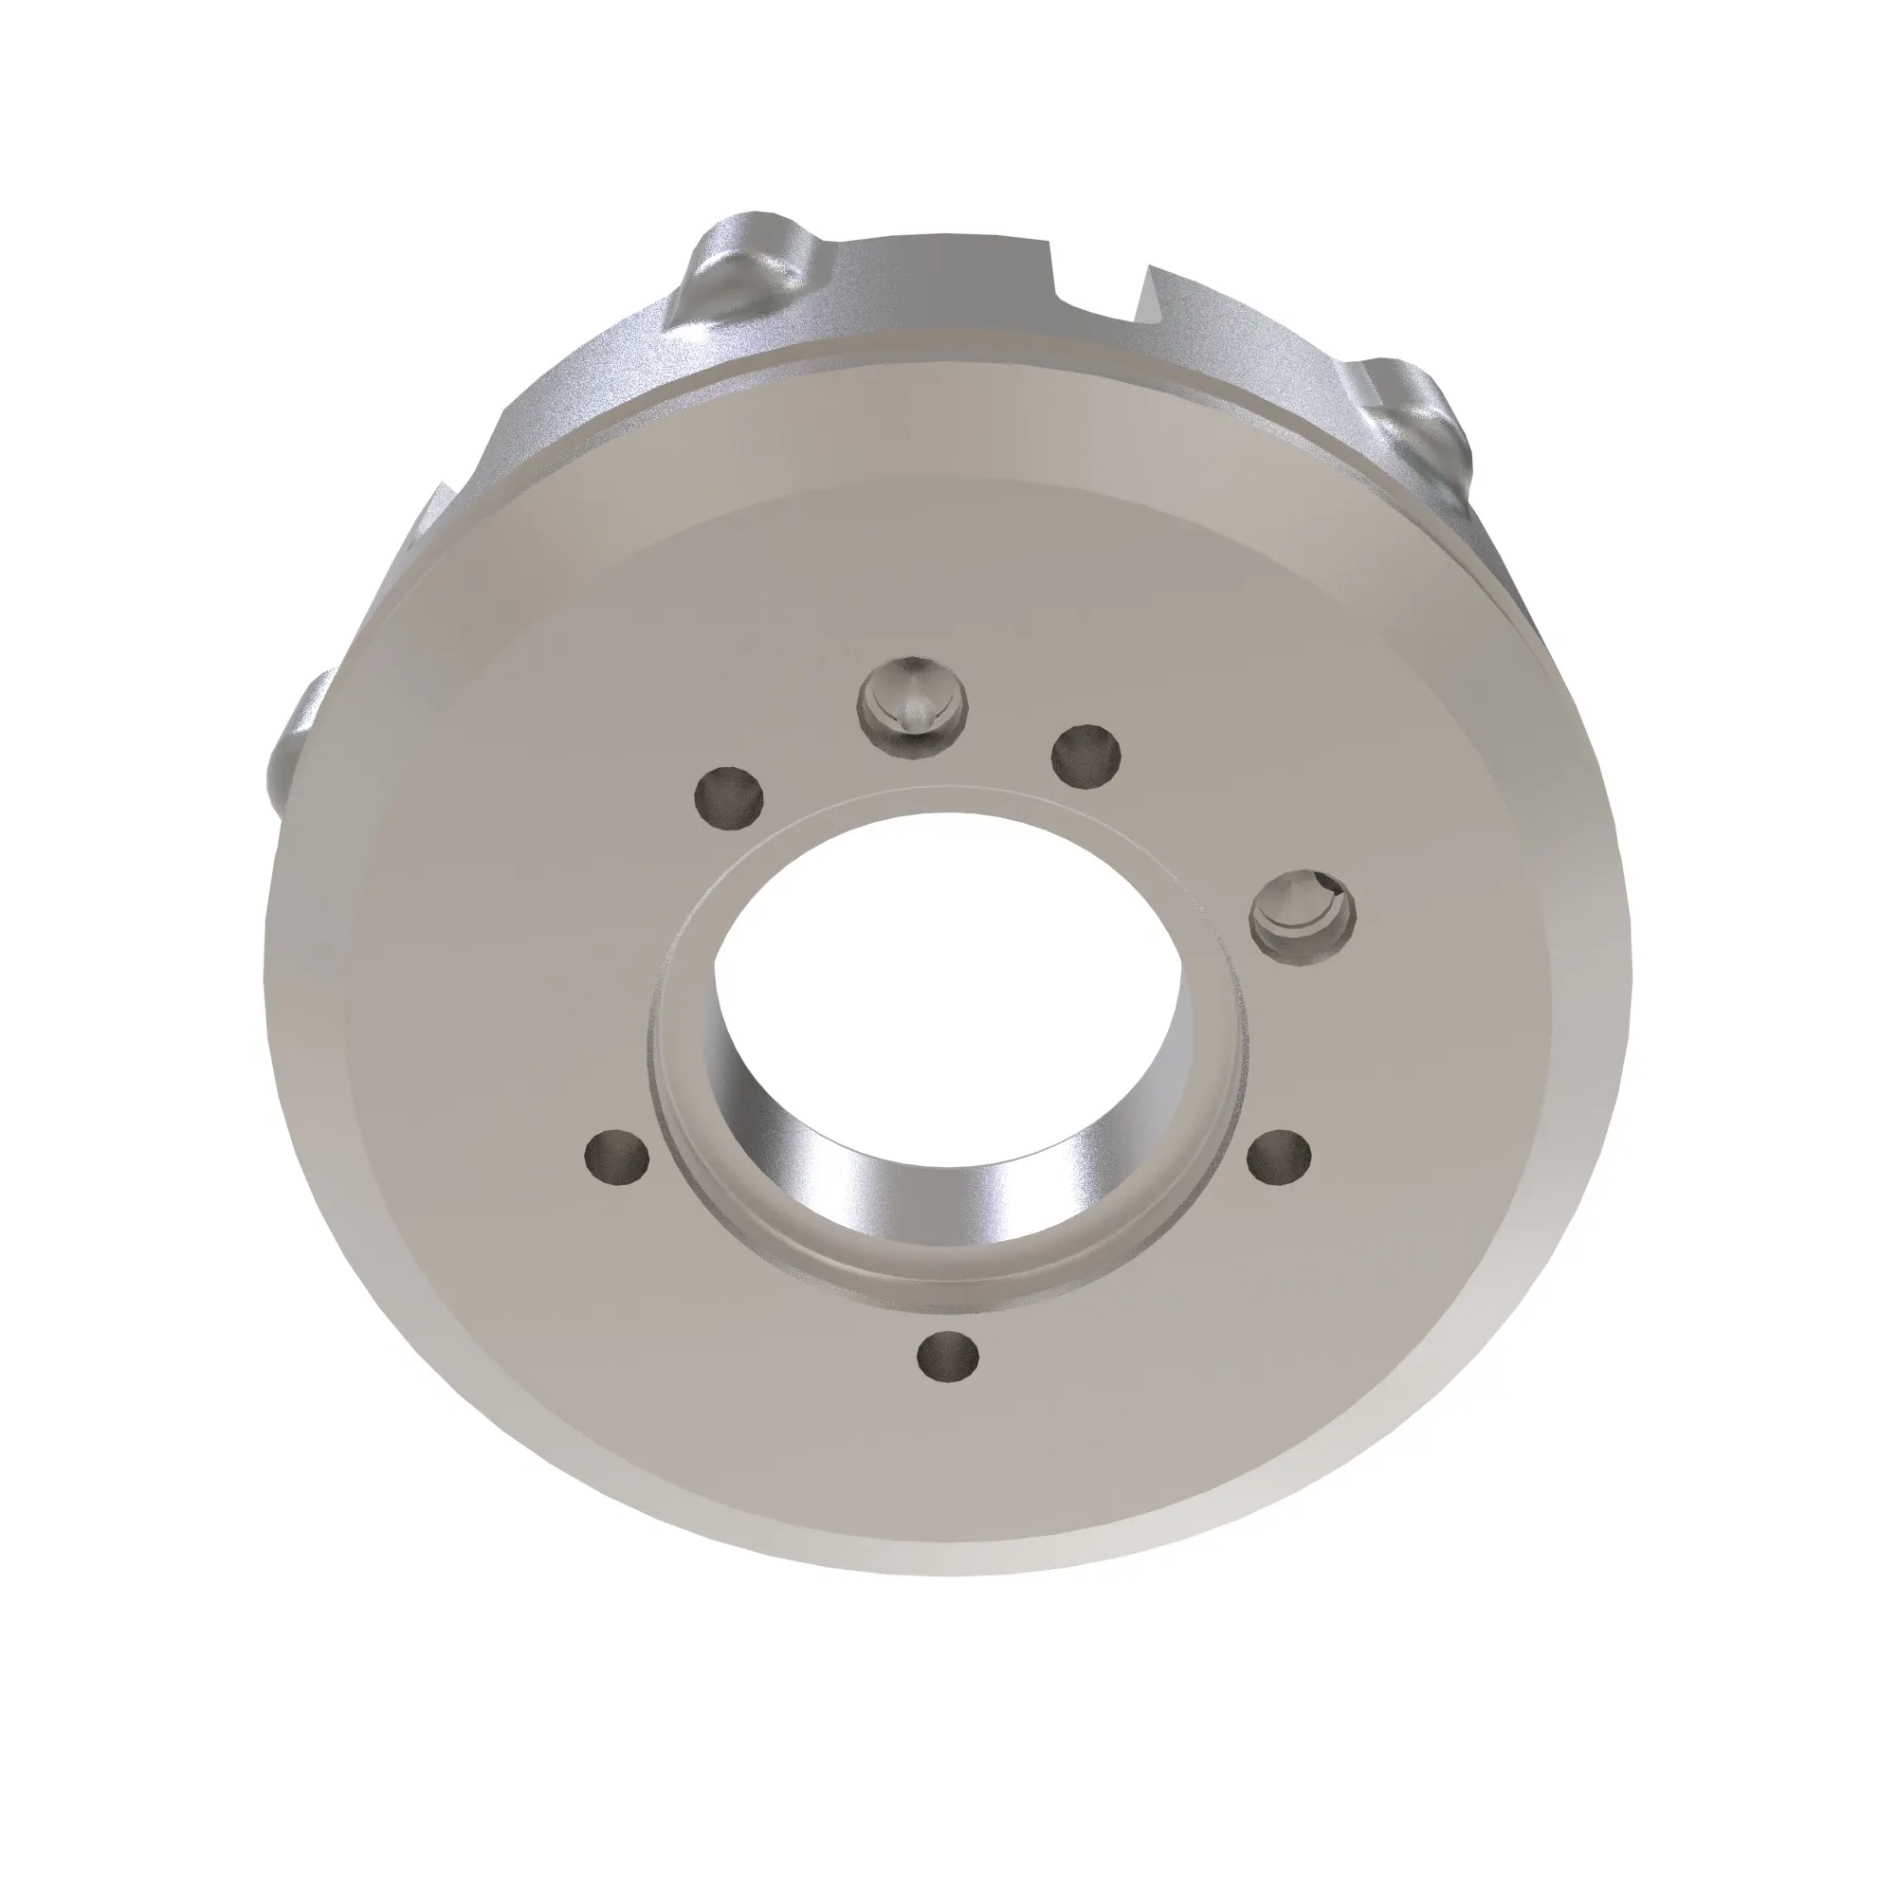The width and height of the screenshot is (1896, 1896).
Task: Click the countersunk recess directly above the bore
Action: tap(913, 703)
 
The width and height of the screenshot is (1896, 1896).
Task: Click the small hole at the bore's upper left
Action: tap(727, 793)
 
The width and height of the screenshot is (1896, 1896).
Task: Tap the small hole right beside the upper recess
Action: tap(1085, 755)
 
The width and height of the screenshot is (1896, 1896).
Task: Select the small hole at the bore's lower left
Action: tap(616, 1159)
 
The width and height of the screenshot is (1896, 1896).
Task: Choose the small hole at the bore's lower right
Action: tap(1280, 1158)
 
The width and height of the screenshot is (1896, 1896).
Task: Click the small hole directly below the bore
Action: tap(947, 1358)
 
